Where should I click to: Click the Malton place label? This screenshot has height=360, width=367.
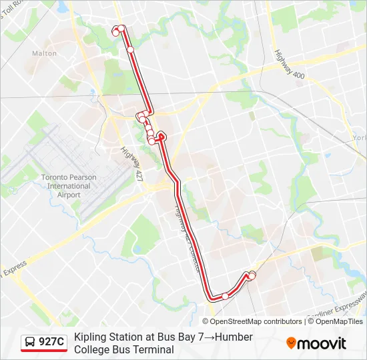(44, 53)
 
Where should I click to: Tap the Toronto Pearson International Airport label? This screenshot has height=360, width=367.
(69, 186)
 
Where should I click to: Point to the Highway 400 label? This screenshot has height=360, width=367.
(289, 65)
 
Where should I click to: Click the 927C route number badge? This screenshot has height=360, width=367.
(51, 343)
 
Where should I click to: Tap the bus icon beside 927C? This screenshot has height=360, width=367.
(31, 343)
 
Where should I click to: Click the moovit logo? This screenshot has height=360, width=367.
(316, 343)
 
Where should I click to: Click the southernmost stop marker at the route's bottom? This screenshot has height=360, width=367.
(226, 296)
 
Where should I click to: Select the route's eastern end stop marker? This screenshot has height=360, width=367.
(252, 275)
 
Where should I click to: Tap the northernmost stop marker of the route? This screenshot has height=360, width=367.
(122, 29)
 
